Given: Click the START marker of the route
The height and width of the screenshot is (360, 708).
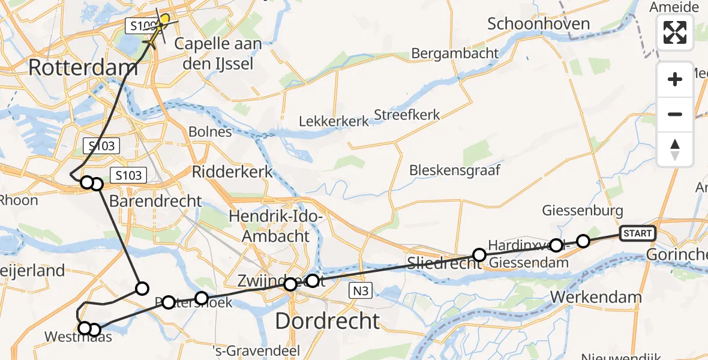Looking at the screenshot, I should coord(638,233).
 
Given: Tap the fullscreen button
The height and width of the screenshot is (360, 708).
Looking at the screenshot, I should coord(675,32).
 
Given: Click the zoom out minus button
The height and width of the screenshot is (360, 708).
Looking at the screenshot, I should coord(675,114).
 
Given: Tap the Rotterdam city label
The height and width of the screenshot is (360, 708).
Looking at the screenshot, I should coord(83,67).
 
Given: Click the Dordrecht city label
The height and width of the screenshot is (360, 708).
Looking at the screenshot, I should coord(327,321).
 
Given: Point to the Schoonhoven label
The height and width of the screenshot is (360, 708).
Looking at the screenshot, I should coord(539,24).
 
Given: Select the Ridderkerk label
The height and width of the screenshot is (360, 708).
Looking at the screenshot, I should coord(232,172).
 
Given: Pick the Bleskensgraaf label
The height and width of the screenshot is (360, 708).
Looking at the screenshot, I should coord(454,170).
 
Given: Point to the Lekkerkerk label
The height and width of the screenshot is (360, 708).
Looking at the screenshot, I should coord(334,122).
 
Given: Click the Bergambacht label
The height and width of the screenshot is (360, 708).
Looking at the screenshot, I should coord(455,53).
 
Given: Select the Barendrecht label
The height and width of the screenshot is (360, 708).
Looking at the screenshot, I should coord(156,201).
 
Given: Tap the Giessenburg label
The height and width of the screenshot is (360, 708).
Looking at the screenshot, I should coord(583,211).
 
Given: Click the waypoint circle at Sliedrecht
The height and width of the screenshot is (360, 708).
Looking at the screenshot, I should coord(479,255).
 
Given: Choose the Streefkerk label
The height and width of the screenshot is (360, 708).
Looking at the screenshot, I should coord(407,115).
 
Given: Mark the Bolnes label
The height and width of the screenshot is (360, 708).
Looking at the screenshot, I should coord(210,131).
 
